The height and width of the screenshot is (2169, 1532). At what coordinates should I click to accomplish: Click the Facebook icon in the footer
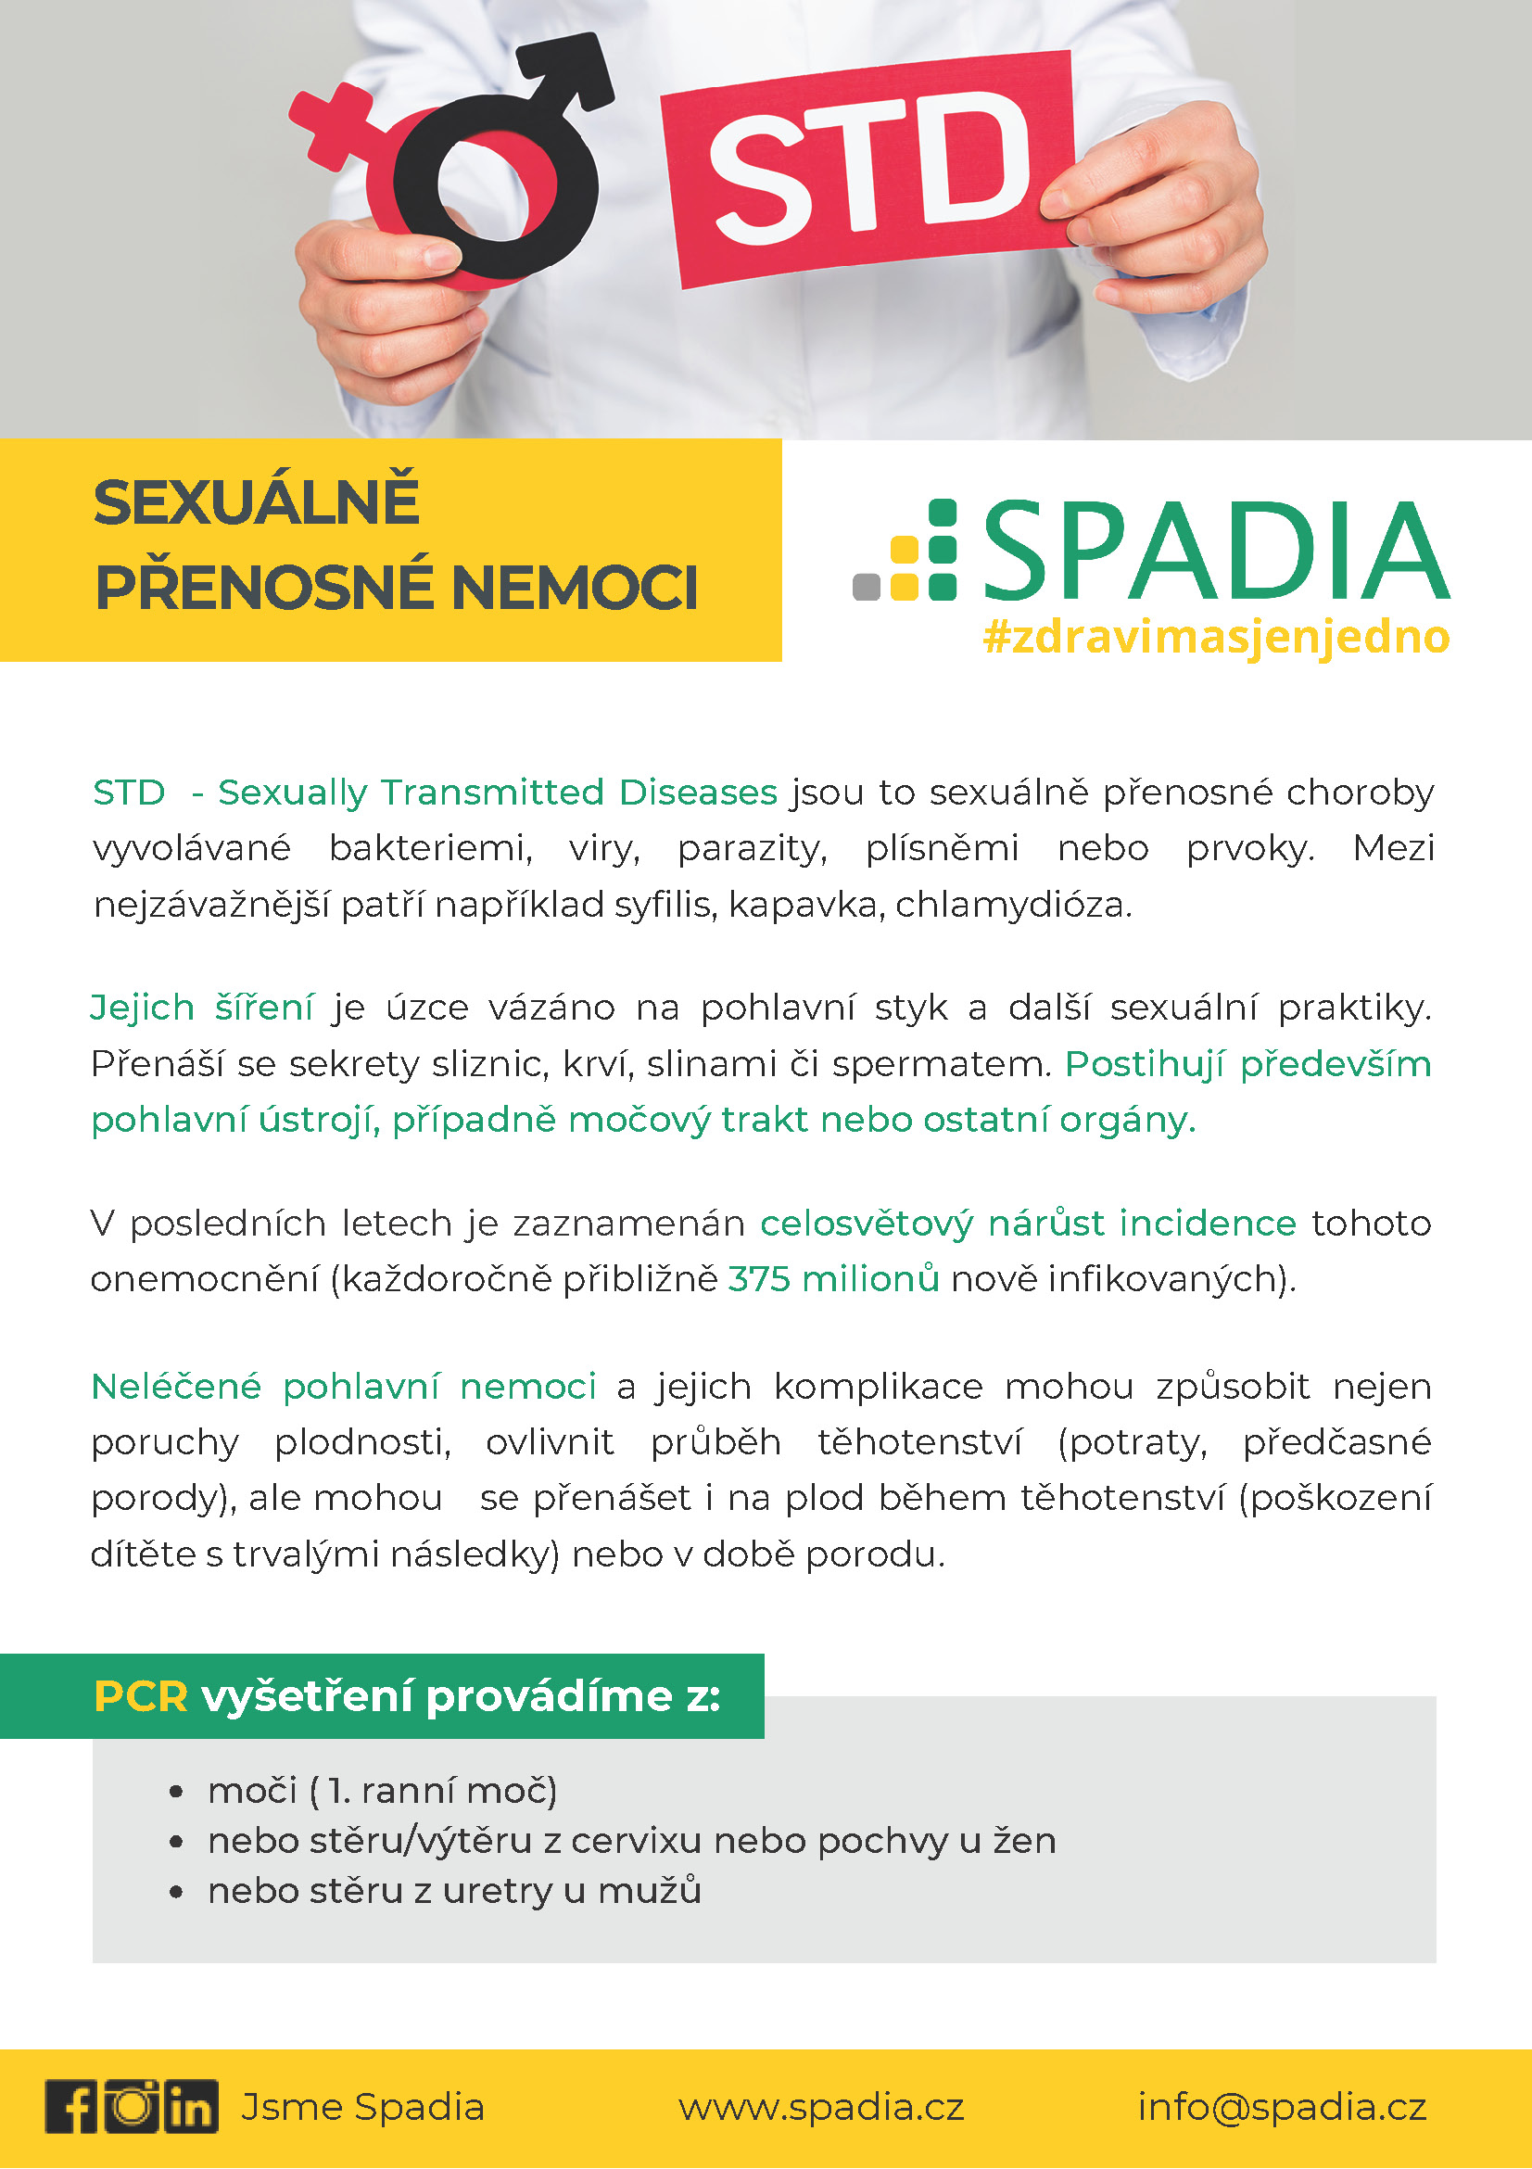71,2107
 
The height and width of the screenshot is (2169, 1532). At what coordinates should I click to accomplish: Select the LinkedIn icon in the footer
192,2107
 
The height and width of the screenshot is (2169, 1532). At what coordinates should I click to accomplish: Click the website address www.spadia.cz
821,2108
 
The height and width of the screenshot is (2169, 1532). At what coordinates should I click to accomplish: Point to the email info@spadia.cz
1282,2108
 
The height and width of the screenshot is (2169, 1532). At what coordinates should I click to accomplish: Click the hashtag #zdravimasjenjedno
1216,637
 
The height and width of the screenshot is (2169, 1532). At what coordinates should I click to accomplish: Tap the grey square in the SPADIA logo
867,587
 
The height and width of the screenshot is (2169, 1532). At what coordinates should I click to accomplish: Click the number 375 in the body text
758,1279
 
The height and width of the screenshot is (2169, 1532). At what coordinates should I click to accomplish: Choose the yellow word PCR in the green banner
141,1696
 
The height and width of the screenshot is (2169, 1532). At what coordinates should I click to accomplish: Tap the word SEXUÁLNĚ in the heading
256,502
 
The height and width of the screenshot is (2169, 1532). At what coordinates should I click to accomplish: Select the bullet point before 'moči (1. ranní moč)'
176,1791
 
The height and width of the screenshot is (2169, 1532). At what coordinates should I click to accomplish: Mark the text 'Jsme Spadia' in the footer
362,2108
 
